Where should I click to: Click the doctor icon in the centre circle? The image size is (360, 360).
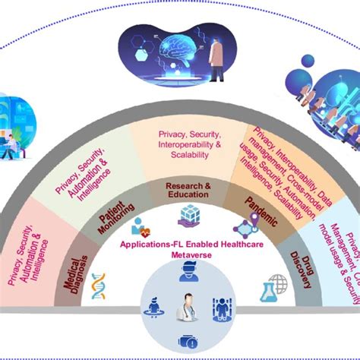tap(186, 310)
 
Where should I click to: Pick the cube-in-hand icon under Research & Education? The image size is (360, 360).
tap(188, 217)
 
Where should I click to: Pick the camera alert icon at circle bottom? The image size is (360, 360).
tap(187, 341)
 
